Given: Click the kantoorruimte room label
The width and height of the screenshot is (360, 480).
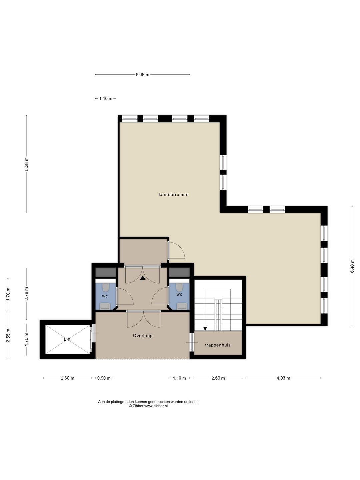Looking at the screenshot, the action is pyautogui.click(x=173, y=194).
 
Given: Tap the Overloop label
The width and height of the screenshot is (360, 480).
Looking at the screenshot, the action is pyautogui.click(x=143, y=335).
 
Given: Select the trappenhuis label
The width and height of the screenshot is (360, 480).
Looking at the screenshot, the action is pyautogui.click(x=218, y=345).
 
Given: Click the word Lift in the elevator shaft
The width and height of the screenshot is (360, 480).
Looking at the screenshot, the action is pyautogui.click(x=67, y=339).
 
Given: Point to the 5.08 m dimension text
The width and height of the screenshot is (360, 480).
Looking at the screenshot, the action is pyautogui.click(x=143, y=75).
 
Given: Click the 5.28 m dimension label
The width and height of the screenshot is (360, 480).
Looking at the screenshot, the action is pyautogui.click(x=26, y=164).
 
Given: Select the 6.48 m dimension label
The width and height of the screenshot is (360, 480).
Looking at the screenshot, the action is pyautogui.click(x=352, y=266).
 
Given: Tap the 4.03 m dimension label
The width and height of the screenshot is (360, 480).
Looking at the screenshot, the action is pyautogui.click(x=283, y=378).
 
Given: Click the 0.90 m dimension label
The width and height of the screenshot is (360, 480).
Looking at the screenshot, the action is pyautogui.click(x=104, y=378).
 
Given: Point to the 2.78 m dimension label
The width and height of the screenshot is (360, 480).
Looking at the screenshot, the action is pyautogui.click(x=26, y=293).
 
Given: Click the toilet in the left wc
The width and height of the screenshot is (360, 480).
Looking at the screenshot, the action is pyautogui.click(x=106, y=287).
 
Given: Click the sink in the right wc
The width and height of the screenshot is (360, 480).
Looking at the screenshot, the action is pyautogui.click(x=182, y=306).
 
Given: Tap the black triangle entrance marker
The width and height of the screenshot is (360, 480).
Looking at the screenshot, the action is pyautogui.click(x=143, y=278).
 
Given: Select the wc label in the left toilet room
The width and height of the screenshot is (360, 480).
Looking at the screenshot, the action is pyautogui.click(x=105, y=296).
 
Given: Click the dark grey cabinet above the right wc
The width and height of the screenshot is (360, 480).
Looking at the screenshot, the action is pyautogui.click(x=179, y=272).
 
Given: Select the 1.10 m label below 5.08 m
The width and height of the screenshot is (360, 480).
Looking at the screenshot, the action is pyautogui.click(x=106, y=99).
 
